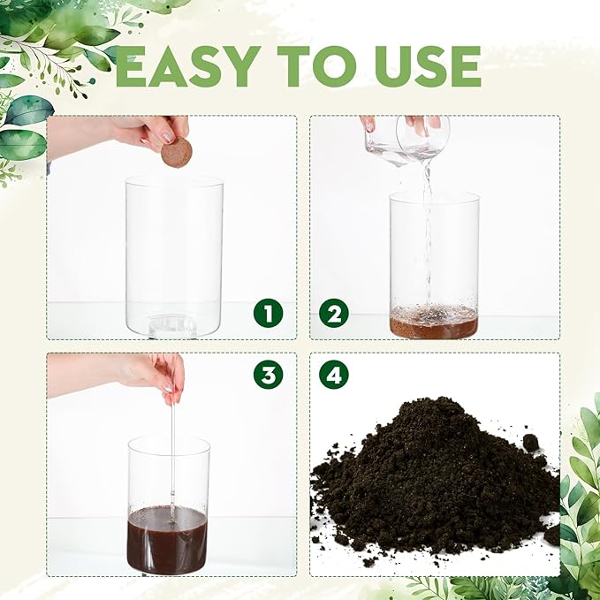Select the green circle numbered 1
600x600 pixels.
pyautogui.click(x=267, y=313)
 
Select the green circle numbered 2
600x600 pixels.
pyautogui.click(x=333, y=313)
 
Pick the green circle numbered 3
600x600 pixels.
pyautogui.click(x=267, y=374)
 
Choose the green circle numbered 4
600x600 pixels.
pyautogui.click(x=333, y=374)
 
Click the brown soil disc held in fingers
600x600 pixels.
pyautogui.click(x=176, y=151)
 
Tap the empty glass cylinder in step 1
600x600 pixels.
pyautogui.click(x=174, y=247)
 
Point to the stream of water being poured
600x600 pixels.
pyautogui.click(x=428, y=230)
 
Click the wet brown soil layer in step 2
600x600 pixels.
pyautogui.click(x=434, y=323)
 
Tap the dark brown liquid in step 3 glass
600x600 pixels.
pyautogui.click(x=168, y=540)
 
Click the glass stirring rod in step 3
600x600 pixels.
pyautogui.click(x=172, y=442)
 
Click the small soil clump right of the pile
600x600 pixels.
pyautogui.click(x=529, y=442)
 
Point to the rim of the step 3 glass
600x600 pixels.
pyautogui.click(x=168, y=441)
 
